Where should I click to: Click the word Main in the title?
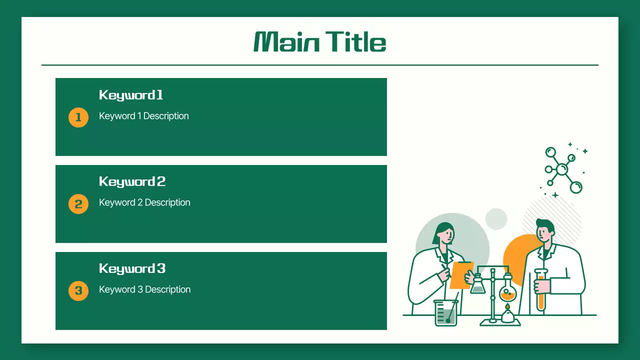286,42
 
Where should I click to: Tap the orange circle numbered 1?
78,117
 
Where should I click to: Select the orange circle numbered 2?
78,204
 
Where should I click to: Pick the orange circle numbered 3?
78,290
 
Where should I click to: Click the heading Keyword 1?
131,95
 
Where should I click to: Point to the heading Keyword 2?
132,181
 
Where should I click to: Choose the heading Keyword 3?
132,268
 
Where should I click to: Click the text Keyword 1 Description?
144,116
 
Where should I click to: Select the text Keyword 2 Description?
144,202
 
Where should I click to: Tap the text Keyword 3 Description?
144,289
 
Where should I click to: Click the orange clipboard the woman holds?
461,275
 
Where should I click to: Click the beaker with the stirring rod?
445,313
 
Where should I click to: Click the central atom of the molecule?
562,169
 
